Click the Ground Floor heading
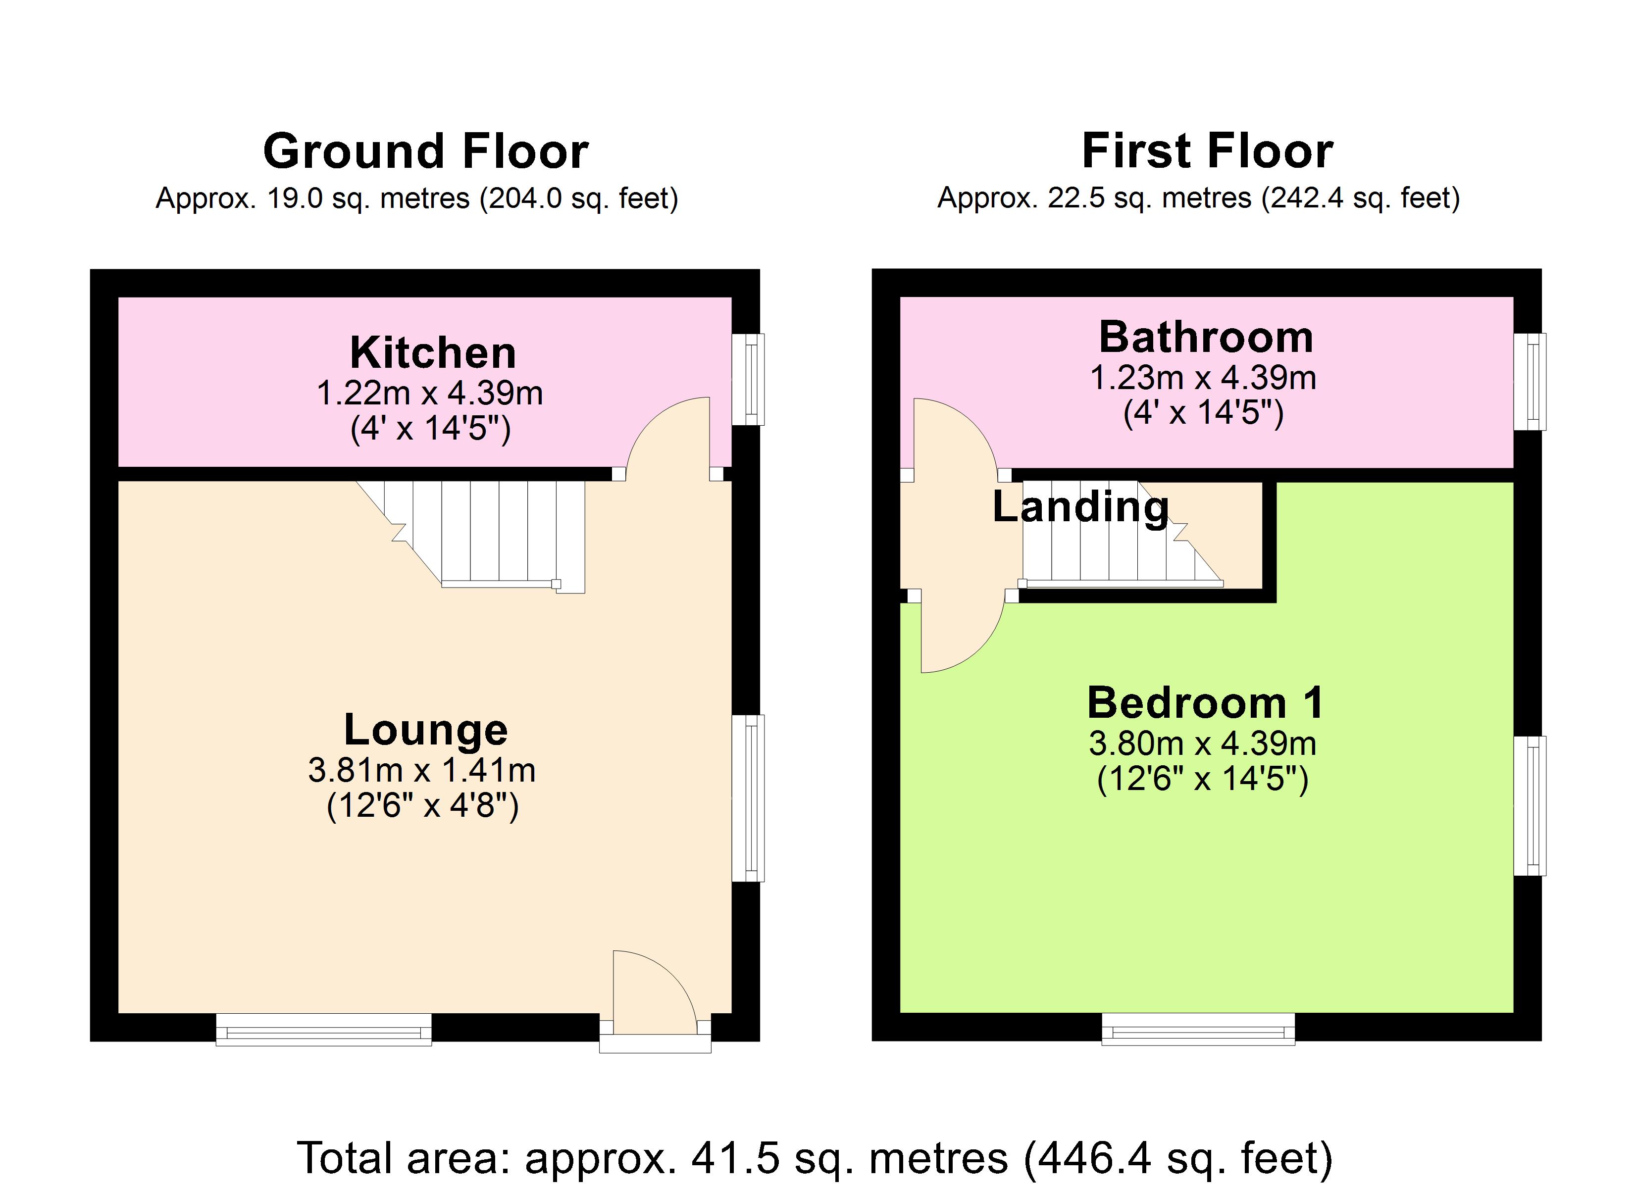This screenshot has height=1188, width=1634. click(426, 151)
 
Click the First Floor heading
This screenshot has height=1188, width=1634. click(1208, 151)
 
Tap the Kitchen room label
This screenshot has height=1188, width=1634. click(432, 353)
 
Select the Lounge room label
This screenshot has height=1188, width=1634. click(426, 730)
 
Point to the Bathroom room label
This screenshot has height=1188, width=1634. click(1206, 337)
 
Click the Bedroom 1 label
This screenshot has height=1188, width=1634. click(1205, 703)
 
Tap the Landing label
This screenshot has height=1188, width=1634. click(1080, 506)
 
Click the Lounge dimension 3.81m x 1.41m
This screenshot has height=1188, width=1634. click(422, 770)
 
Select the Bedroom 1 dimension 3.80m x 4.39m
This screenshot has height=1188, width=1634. click(1202, 743)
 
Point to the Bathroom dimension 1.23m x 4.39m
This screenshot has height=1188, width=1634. click(1203, 378)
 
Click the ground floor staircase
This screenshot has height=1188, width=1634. click(497, 533)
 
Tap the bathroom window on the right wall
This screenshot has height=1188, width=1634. click(1530, 382)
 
